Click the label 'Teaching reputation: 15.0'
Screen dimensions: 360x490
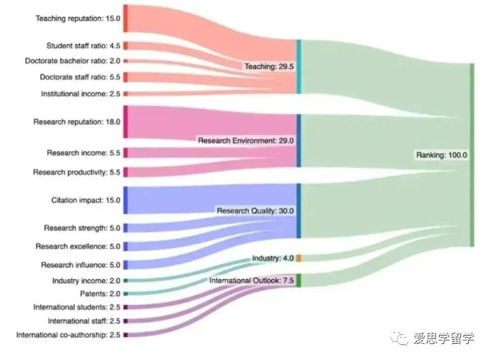pos(77,18)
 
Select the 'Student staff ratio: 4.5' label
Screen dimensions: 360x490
pos(83,46)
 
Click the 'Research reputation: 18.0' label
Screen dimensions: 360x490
pos(77,122)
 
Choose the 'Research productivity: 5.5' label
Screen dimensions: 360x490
pos(77,173)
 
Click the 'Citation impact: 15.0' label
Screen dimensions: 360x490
pos(86,200)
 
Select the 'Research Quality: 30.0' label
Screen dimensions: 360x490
pos(255,211)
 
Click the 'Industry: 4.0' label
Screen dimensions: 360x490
pos(272,259)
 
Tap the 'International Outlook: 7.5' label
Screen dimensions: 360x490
pos(251,281)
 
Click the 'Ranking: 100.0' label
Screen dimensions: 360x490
pos(441,156)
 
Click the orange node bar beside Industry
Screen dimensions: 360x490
pos(299,258)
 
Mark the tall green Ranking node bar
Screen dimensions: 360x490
pos(472,155)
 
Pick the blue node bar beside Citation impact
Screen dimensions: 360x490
pos(126,200)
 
